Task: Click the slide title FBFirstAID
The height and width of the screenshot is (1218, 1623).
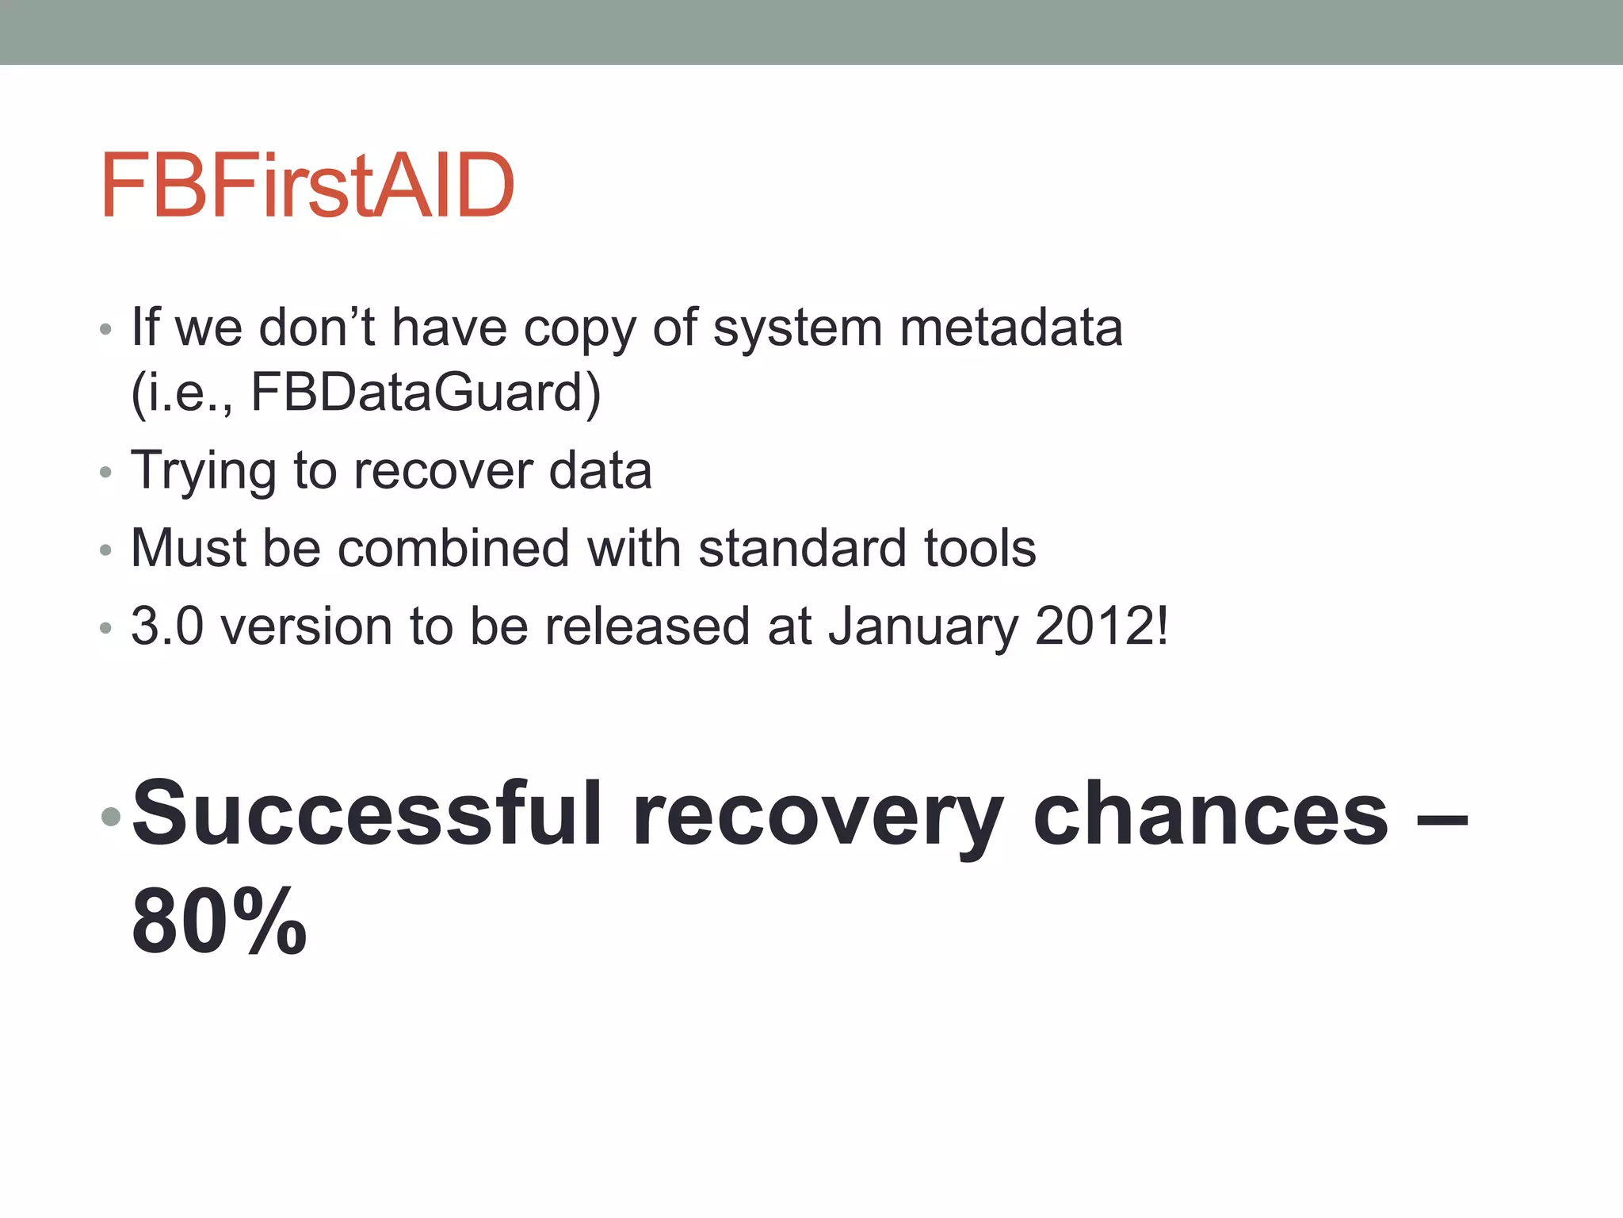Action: pos(307,186)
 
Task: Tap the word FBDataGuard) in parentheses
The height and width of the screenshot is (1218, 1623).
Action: pos(426,393)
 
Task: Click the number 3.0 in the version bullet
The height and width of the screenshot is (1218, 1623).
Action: pos(167,626)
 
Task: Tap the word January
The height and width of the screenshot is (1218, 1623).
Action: pos(922,626)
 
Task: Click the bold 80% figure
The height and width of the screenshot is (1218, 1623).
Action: pos(220,921)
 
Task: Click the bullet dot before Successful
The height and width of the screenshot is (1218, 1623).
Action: pos(111,816)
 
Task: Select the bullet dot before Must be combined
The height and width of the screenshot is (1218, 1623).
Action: pos(105,550)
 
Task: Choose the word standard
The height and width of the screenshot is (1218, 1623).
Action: pos(801,548)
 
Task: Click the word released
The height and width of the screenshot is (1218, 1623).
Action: pos(647,626)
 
